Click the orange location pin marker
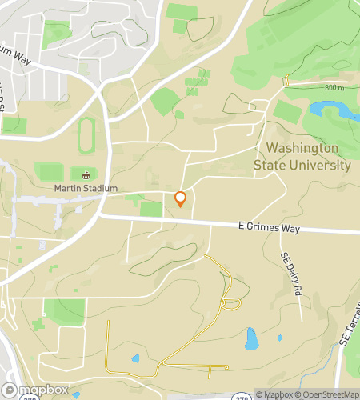pyautogui.click(x=181, y=198)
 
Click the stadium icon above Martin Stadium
pyautogui.click(x=86, y=174)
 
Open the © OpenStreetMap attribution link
pyautogui.click(x=327, y=394)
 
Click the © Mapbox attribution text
pyautogui.click(x=274, y=394)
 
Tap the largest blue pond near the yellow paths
pyautogui.click(x=252, y=338)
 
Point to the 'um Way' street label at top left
pyautogui.click(x=16, y=57)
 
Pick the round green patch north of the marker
pyautogui.click(x=165, y=102)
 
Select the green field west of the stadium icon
pyautogui.click(x=50, y=172)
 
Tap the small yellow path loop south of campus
pyautogui.click(x=230, y=302)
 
